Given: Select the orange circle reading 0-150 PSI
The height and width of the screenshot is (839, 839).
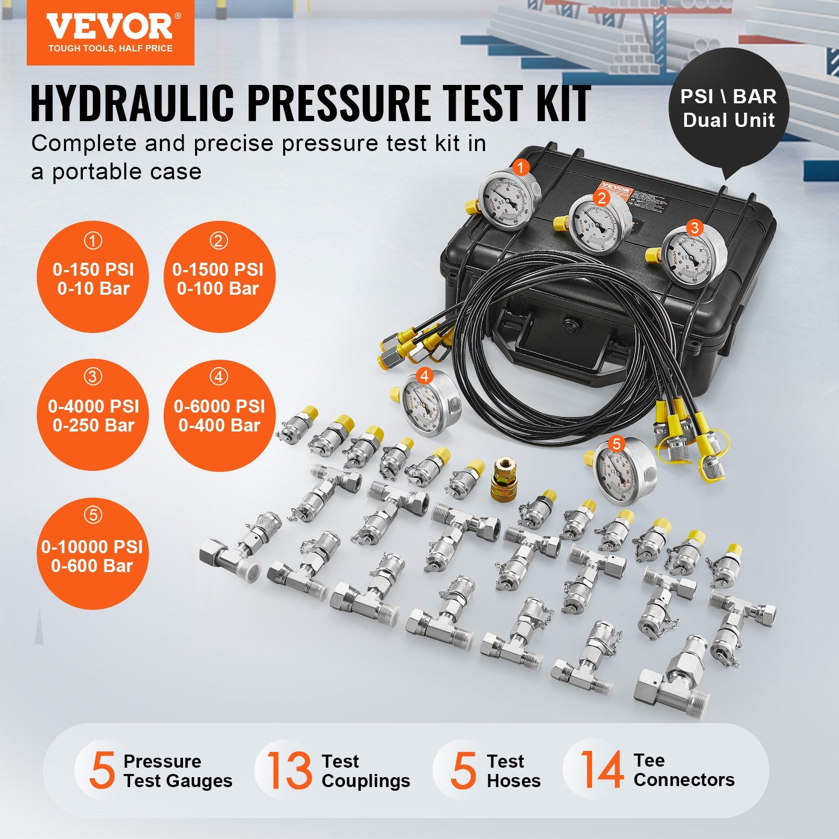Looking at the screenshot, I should pos(93,277).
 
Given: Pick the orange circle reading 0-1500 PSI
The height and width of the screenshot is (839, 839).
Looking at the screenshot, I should pos(218,277).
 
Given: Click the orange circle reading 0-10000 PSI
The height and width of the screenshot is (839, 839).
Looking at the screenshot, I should pos(92,555).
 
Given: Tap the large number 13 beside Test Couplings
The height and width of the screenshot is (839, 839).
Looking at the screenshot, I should pos(288,770).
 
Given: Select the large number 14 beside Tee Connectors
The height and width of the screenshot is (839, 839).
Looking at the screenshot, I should pos(601,770).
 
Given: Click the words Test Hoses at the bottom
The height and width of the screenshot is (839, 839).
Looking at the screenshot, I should pos(513,771).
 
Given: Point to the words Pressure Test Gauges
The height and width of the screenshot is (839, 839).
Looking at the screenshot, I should pos(177,771).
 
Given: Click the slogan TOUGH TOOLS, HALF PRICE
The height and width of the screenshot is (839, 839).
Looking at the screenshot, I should pos(110,49).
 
